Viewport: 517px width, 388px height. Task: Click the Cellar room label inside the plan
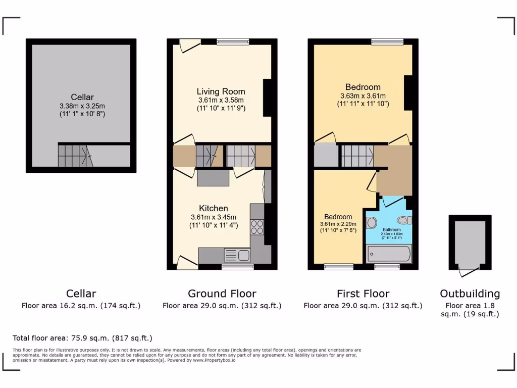pos(82,97)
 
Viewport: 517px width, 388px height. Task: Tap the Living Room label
pos(221,91)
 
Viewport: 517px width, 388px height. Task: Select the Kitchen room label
pos(213,208)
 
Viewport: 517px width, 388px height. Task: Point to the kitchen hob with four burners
pos(257,226)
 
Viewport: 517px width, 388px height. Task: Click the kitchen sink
pos(237,255)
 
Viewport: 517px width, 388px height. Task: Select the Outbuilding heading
pos(470,294)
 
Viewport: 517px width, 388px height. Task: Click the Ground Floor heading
pos(222,294)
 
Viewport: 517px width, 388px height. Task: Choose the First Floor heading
pos(363,294)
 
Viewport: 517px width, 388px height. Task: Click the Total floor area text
pos(82,338)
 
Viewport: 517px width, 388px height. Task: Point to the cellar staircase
pos(73,156)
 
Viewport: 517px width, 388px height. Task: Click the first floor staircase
pos(357,156)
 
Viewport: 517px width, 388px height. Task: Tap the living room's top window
pos(233,42)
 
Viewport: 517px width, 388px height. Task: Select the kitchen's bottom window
pos(237,266)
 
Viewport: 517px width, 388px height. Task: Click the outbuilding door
pos(468,271)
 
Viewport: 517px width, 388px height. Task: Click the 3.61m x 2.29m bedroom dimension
pos(338,224)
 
